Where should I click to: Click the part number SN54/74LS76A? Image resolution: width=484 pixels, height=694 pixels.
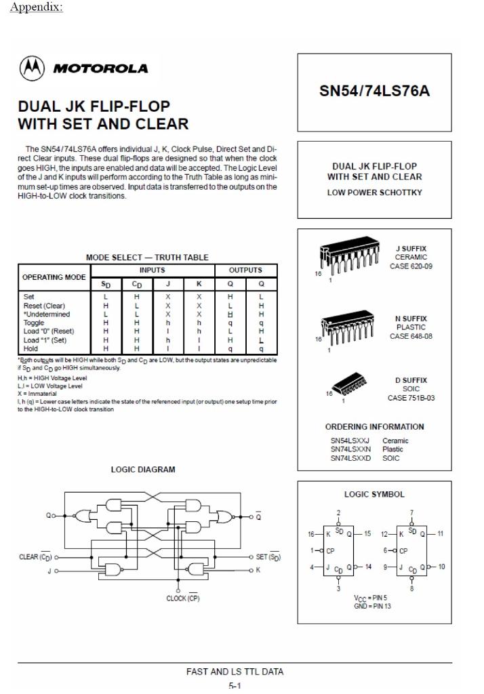(374, 91)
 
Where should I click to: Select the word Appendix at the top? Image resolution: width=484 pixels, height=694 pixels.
(37, 8)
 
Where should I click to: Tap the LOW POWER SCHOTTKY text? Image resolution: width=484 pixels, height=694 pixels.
(374, 192)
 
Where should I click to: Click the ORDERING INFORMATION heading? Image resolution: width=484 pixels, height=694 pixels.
(374, 427)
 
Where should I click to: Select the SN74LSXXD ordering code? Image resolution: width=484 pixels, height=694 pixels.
(350, 458)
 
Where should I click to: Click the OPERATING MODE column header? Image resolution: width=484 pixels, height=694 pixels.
(54, 277)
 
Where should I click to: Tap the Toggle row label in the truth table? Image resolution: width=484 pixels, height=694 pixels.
(34, 323)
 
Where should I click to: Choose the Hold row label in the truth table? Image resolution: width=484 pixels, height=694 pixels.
(31, 348)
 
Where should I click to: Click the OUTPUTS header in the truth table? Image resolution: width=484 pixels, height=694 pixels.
(245, 270)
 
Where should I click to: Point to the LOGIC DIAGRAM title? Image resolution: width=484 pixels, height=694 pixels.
(142, 469)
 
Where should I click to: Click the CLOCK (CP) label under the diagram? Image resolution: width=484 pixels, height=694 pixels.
(183, 598)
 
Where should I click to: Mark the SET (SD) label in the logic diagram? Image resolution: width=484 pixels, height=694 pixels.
(268, 557)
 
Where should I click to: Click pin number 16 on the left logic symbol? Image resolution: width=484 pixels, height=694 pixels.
(311, 534)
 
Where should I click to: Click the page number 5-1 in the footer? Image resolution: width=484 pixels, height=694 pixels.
(235, 685)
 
